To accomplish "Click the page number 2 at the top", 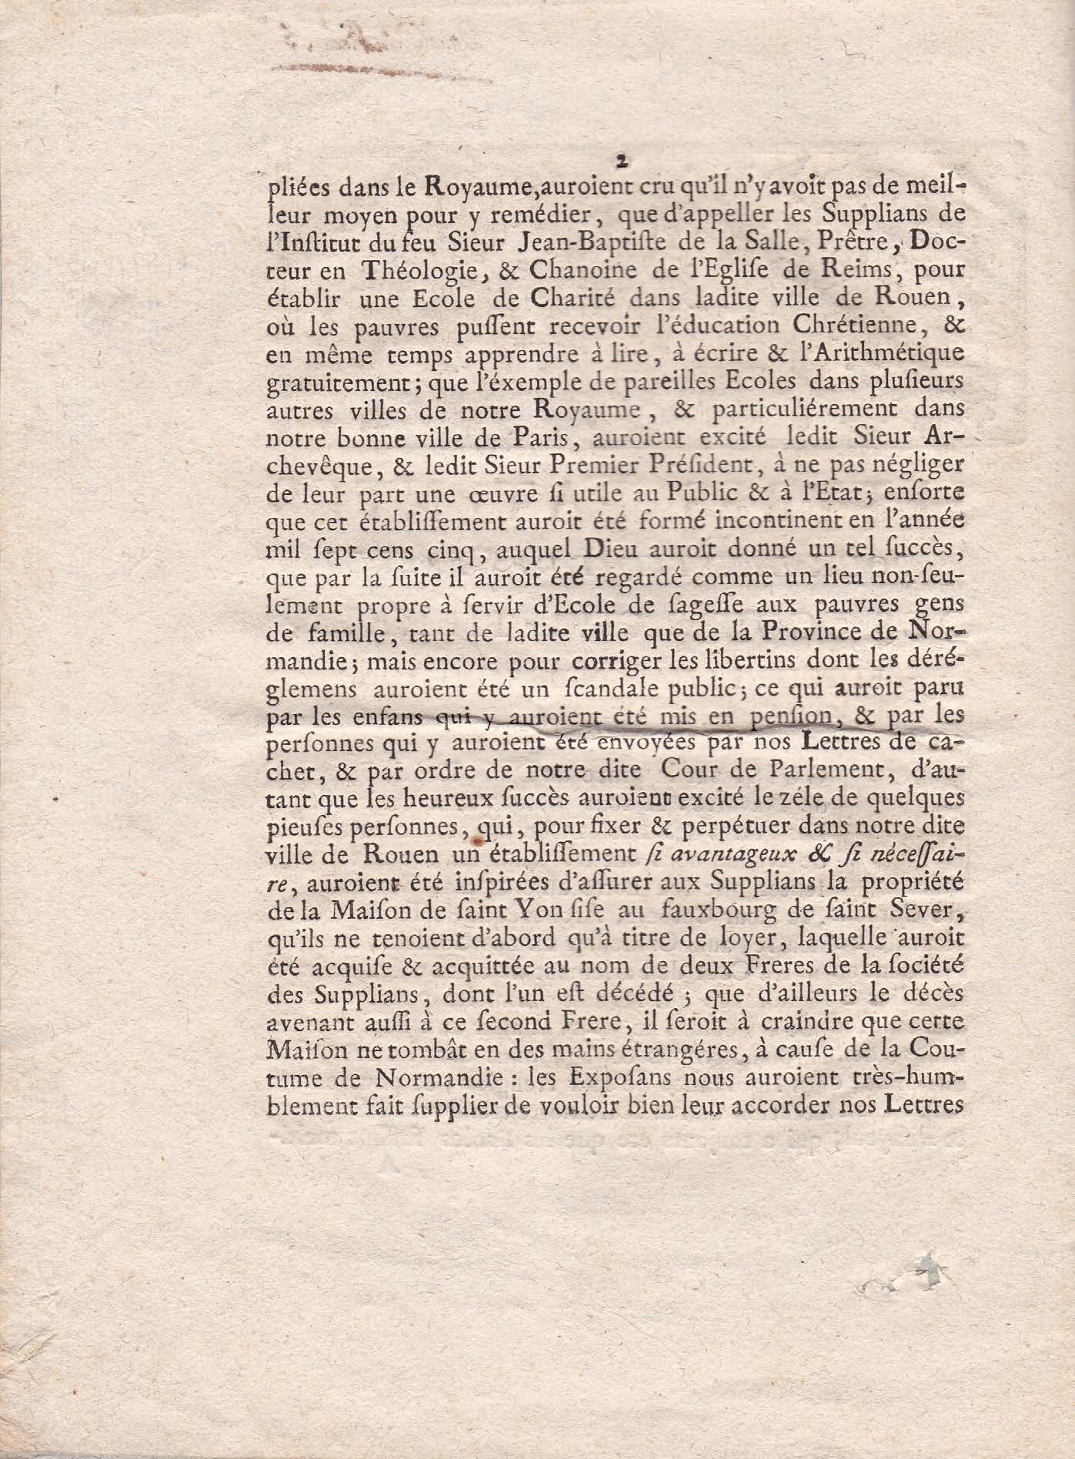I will [x=619, y=162].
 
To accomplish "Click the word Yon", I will [x=546, y=911].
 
